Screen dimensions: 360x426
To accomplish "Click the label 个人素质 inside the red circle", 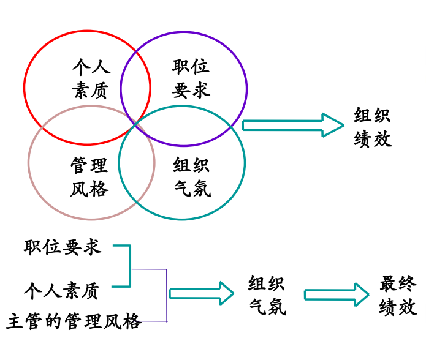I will tap(91, 79).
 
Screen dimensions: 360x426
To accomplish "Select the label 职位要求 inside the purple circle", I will tap(191, 79).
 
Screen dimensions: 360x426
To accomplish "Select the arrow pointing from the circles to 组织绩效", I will tap(293, 125).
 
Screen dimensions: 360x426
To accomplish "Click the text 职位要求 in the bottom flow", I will tap(62, 247).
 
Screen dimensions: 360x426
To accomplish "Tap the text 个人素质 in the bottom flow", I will tap(62, 290).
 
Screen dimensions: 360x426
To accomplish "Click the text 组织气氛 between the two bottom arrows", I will tap(267, 294).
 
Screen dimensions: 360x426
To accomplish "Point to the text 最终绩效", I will tap(398, 294).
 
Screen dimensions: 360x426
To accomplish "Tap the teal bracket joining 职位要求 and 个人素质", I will tap(129, 266).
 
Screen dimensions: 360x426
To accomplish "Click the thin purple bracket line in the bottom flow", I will tap(166, 294).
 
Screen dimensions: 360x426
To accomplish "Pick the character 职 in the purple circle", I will tap(181, 67).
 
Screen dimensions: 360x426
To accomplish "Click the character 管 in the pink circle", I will tap(80, 165).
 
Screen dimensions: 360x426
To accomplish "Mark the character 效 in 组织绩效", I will tap(382, 139).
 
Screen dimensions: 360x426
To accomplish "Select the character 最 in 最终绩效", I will tap(389, 283).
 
